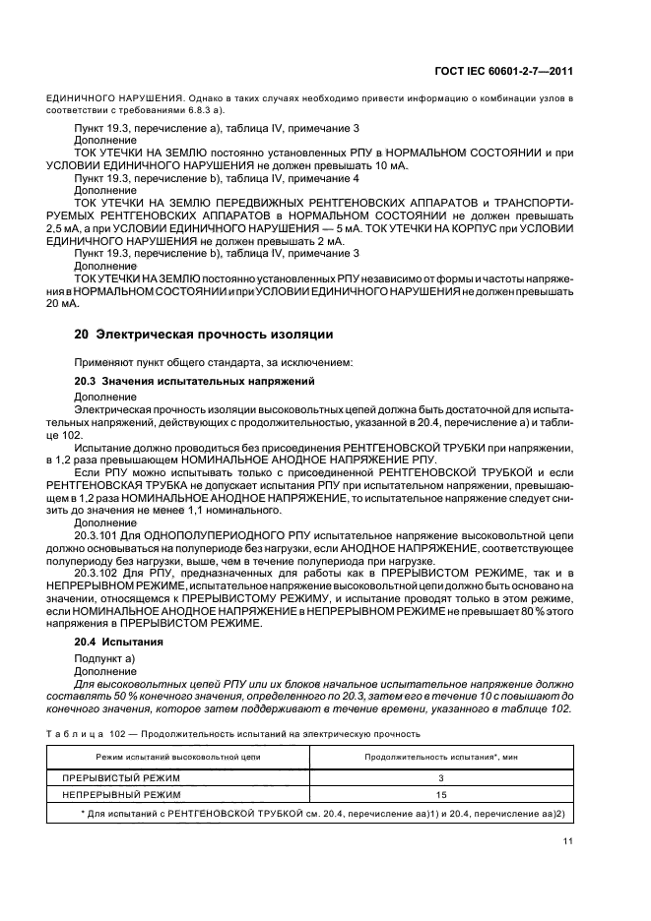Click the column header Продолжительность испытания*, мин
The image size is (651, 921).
(442, 757)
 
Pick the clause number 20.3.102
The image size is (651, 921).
(98, 571)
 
